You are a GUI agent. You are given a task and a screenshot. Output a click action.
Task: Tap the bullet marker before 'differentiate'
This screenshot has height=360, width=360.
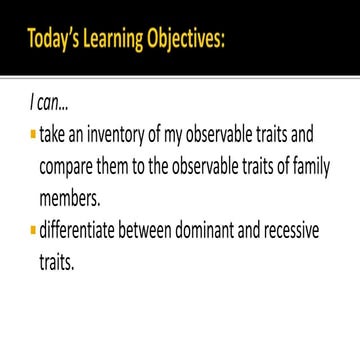(33, 234)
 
